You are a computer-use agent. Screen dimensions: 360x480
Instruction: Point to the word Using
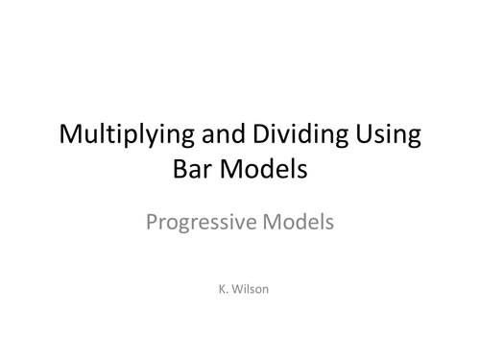point(388,135)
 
